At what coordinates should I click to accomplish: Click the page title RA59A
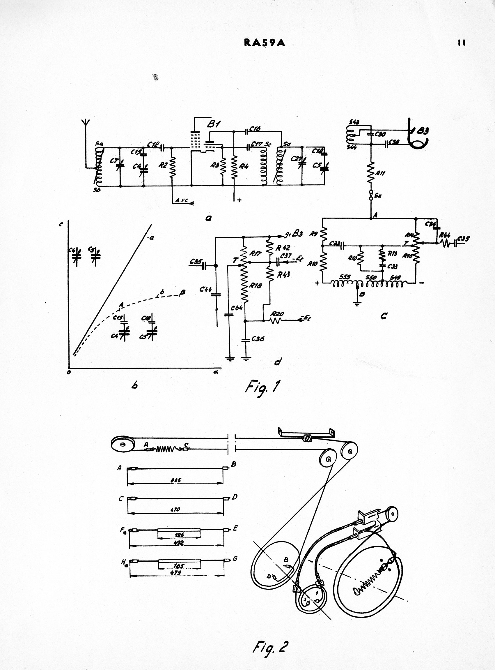[265, 43]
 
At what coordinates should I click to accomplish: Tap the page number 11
[462, 43]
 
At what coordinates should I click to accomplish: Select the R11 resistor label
[381, 173]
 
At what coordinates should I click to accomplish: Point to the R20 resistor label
[277, 314]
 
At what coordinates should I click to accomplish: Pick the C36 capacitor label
[258, 339]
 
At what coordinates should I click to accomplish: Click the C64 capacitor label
[237, 308]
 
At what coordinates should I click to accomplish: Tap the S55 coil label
[345, 277]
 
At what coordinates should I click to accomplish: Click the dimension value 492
[179, 542]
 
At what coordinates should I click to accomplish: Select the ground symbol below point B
[357, 304]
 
